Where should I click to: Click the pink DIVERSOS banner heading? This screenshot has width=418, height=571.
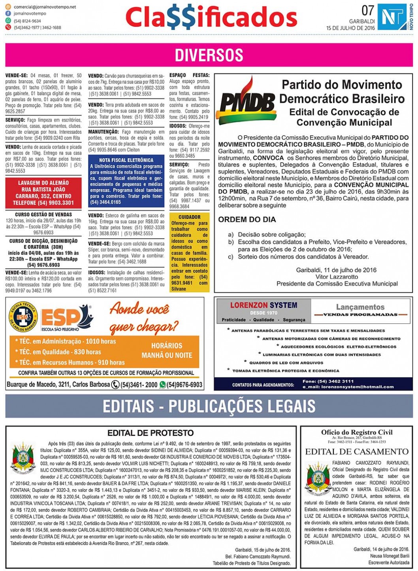[209, 55]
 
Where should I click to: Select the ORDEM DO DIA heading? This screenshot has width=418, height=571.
[247, 220]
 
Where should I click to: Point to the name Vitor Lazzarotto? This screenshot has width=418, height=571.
[337, 277]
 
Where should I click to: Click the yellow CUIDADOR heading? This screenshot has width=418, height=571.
[189, 217]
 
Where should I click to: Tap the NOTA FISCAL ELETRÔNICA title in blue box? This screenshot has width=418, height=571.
[126, 160]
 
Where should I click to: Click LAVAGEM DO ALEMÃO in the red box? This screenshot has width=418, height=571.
[43, 183]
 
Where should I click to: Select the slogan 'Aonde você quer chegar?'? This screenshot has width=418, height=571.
[139, 317]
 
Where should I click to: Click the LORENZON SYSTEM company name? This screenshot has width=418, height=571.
[264, 305]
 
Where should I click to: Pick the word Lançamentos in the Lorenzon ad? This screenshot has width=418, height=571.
[360, 307]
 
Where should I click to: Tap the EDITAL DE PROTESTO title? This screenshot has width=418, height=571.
[151, 433]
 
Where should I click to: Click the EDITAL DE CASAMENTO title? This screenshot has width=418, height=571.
[357, 451]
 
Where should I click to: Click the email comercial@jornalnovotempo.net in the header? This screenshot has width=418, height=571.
[45, 7]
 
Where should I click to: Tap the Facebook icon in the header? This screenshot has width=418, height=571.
[8, 14]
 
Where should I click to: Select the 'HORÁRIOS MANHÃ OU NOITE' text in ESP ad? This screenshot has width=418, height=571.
[167, 350]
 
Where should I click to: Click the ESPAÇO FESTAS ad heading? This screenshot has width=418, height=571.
[189, 75]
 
